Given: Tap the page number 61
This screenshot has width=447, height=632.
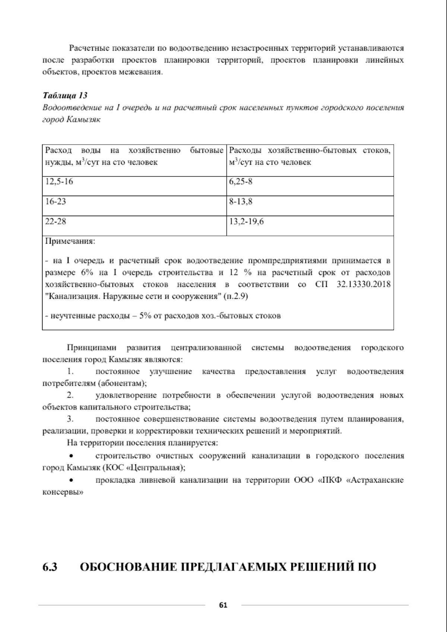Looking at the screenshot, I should click(x=223, y=605).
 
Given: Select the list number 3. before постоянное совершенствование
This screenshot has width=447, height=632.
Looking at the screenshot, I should click(x=70, y=419).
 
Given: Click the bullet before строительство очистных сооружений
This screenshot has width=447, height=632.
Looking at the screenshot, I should click(x=71, y=456).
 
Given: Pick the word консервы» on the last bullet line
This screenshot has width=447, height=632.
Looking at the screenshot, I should click(x=63, y=492).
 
